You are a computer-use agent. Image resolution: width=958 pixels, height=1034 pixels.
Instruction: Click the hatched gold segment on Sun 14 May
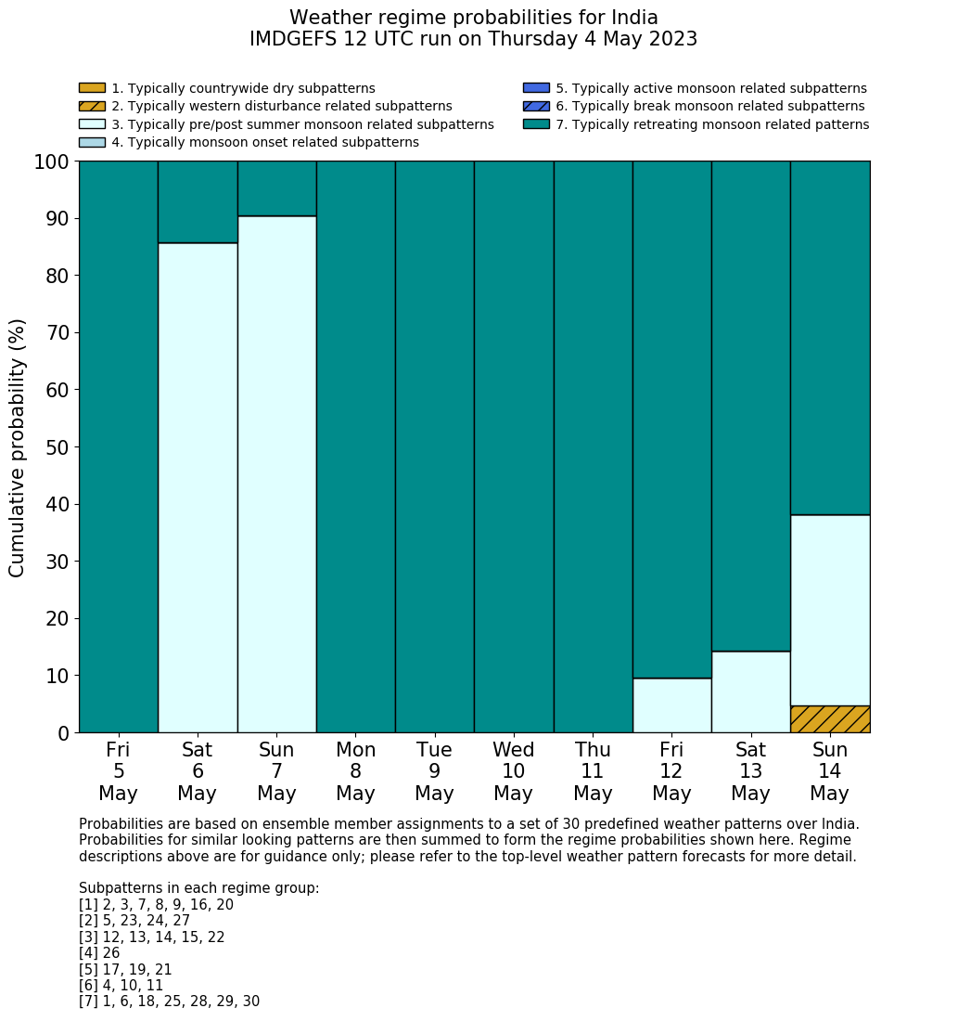[x=830, y=719]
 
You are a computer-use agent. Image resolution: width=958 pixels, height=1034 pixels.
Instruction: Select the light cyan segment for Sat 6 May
[x=198, y=487]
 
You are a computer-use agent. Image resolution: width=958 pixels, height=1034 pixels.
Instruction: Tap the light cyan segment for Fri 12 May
[x=671, y=705]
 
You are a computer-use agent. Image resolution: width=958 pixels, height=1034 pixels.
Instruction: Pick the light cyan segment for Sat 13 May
[x=750, y=691]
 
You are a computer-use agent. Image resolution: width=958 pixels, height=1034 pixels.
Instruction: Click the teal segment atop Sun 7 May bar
[x=276, y=188]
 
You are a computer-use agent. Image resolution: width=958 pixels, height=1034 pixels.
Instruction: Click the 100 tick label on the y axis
[x=52, y=162]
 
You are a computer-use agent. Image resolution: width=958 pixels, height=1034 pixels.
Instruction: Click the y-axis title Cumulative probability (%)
[x=18, y=447]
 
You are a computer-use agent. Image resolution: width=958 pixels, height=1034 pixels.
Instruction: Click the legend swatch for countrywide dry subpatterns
[x=92, y=88]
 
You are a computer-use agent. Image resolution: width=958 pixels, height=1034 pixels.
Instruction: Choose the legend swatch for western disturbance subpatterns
[x=92, y=107]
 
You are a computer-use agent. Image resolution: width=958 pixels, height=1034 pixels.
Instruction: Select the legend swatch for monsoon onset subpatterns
[x=92, y=142]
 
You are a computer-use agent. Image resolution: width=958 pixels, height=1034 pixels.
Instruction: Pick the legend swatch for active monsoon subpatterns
[x=536, y=88]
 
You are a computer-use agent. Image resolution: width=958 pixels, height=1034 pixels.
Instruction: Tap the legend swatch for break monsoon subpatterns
[x=536, y=107]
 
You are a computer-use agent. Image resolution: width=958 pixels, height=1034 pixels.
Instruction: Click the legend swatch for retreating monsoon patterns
[x=536, y=124]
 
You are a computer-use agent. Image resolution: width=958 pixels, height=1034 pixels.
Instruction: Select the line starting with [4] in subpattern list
[x=99, y=953]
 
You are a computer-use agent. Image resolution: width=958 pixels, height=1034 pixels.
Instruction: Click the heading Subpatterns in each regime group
[x=198, y=888]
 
